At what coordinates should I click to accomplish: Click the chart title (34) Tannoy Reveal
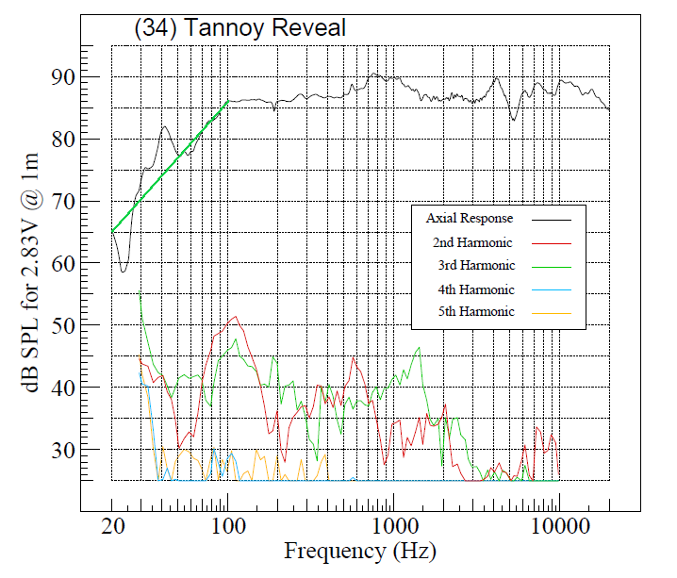pos(239,28)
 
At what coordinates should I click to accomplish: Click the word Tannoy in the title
pos(226,28)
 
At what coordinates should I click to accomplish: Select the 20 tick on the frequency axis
pos(112,525)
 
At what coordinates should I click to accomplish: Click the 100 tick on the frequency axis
pos(227,525)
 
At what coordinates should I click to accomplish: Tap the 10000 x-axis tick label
pos(559,525)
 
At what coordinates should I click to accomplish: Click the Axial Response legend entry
pos(469,219)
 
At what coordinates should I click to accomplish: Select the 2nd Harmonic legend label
pos(473,242)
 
